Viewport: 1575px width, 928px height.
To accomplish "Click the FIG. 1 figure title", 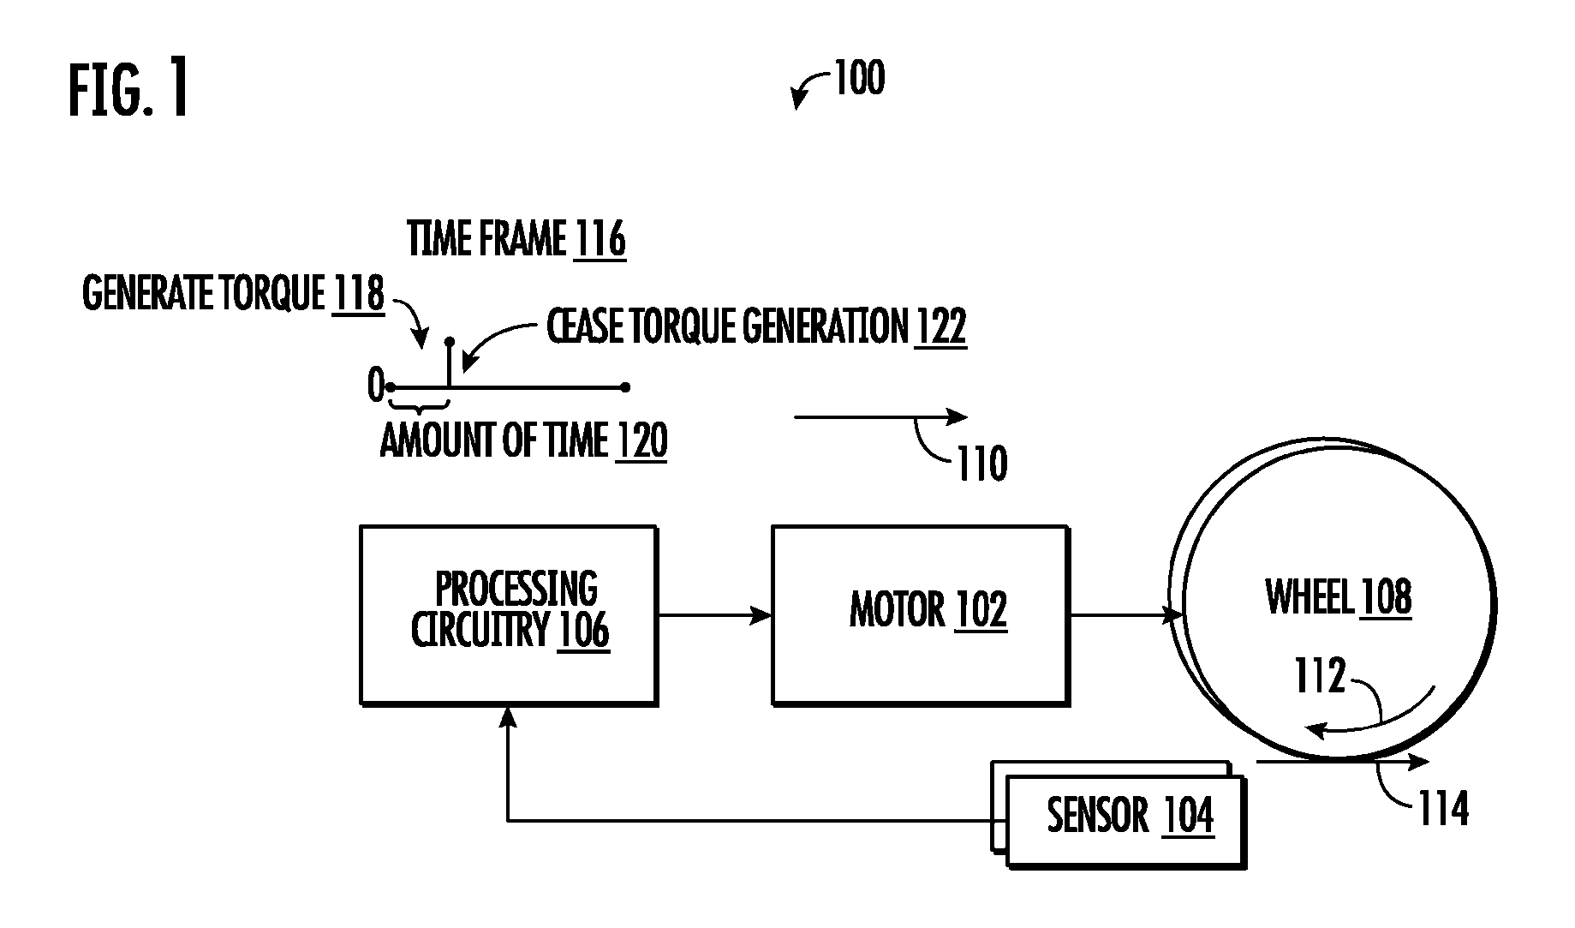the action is coord(128,91).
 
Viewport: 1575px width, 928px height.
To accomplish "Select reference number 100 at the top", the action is coord(859,78).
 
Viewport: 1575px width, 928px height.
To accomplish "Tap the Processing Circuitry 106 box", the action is coord(509,615).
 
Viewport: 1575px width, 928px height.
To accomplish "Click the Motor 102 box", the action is coord(921,615).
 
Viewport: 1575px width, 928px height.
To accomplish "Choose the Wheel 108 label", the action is coord(1339,597).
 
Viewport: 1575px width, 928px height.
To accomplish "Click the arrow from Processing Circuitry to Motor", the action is coord(715,615).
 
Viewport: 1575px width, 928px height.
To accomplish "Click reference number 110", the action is coord(981,464).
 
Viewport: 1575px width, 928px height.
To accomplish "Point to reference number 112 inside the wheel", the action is coord(1320,675).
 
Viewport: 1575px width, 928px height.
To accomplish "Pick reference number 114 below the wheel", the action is coord(1444,808).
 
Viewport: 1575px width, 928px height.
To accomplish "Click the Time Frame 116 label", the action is coord(516,239).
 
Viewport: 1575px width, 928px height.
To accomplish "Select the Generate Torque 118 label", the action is coord(233,294).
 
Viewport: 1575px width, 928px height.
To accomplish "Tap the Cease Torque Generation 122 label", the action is coord(757,326).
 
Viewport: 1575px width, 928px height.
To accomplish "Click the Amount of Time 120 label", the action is coord(524,441).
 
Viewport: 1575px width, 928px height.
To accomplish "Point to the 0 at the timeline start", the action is coord(375,386).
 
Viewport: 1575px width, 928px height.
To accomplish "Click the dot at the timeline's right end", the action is coord(625,387).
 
